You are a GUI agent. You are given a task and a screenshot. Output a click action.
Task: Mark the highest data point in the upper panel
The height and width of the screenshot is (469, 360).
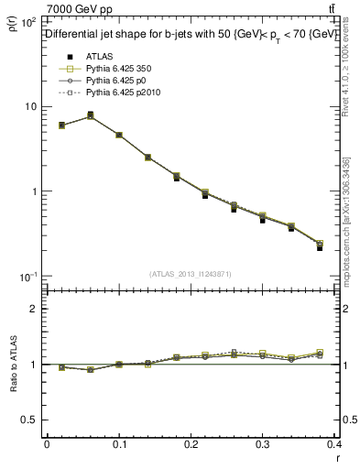(x=90, y=115)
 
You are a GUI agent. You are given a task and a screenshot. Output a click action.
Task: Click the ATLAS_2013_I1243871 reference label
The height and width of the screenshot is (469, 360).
(x=189, y=274)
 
